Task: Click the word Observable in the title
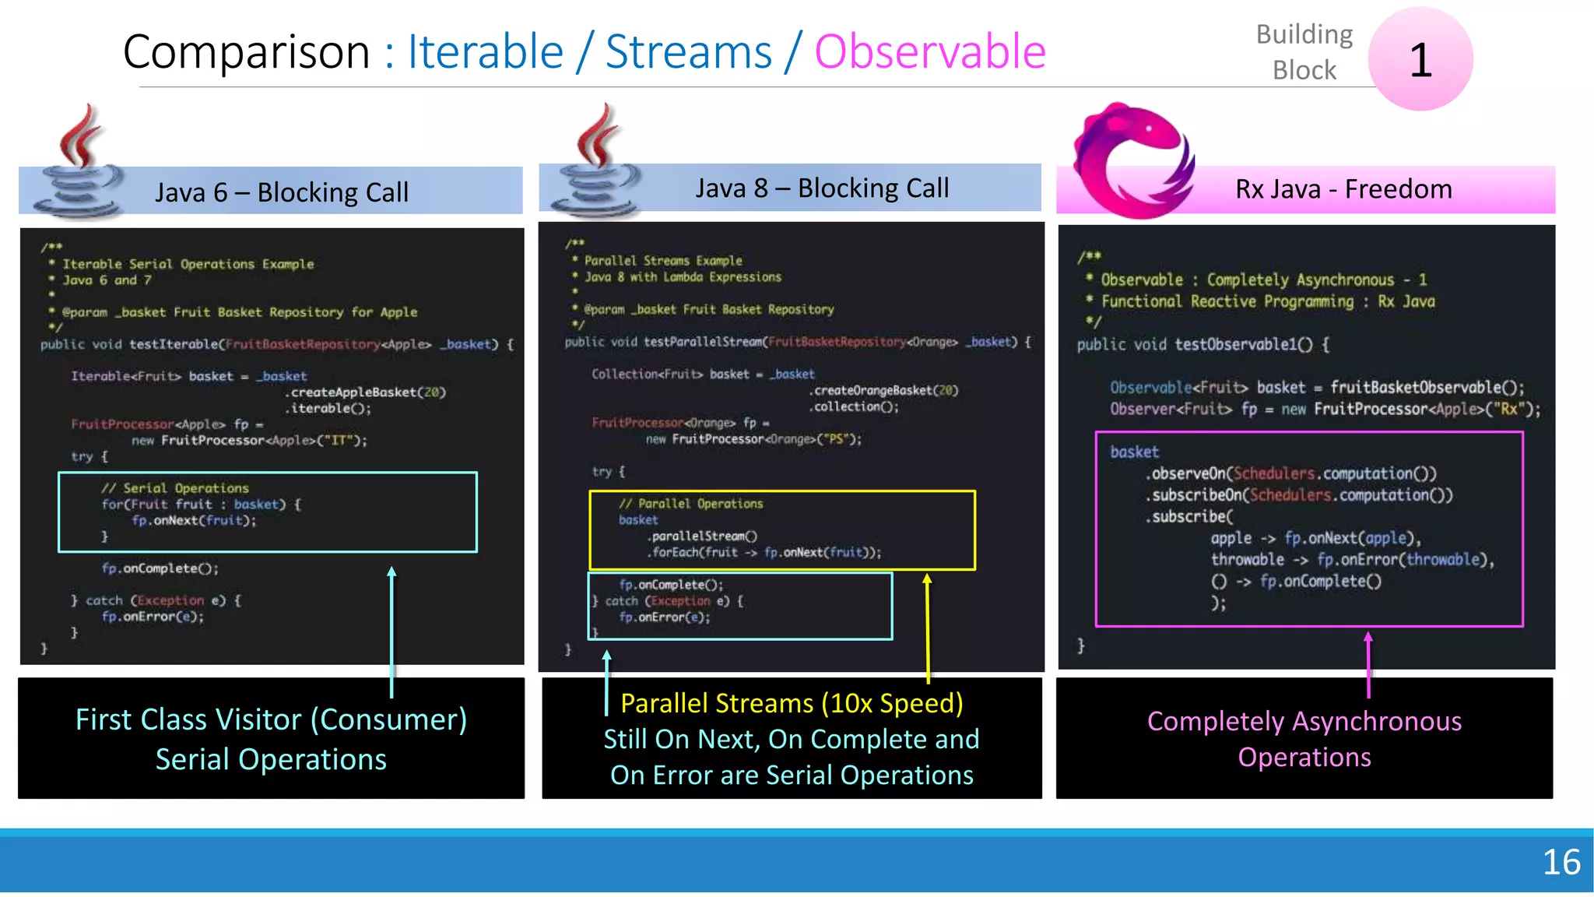[929, 52]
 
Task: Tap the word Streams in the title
[689, 52]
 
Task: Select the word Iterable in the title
[486, 52]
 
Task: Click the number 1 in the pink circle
[1420, 60]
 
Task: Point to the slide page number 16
[1561, 862]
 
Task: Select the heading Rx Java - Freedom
[1343, 189]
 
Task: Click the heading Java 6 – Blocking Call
[281, 192]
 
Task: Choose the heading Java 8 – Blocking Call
[822, 188]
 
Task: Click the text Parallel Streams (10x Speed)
[792, 703]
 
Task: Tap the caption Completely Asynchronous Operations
[1304, 739]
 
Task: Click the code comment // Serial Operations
[174, 488]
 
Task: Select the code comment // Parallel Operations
[691, 504]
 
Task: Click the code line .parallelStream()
[702, 536]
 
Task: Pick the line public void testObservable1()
[1203, 344]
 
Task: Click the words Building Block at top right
[1304, 52]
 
